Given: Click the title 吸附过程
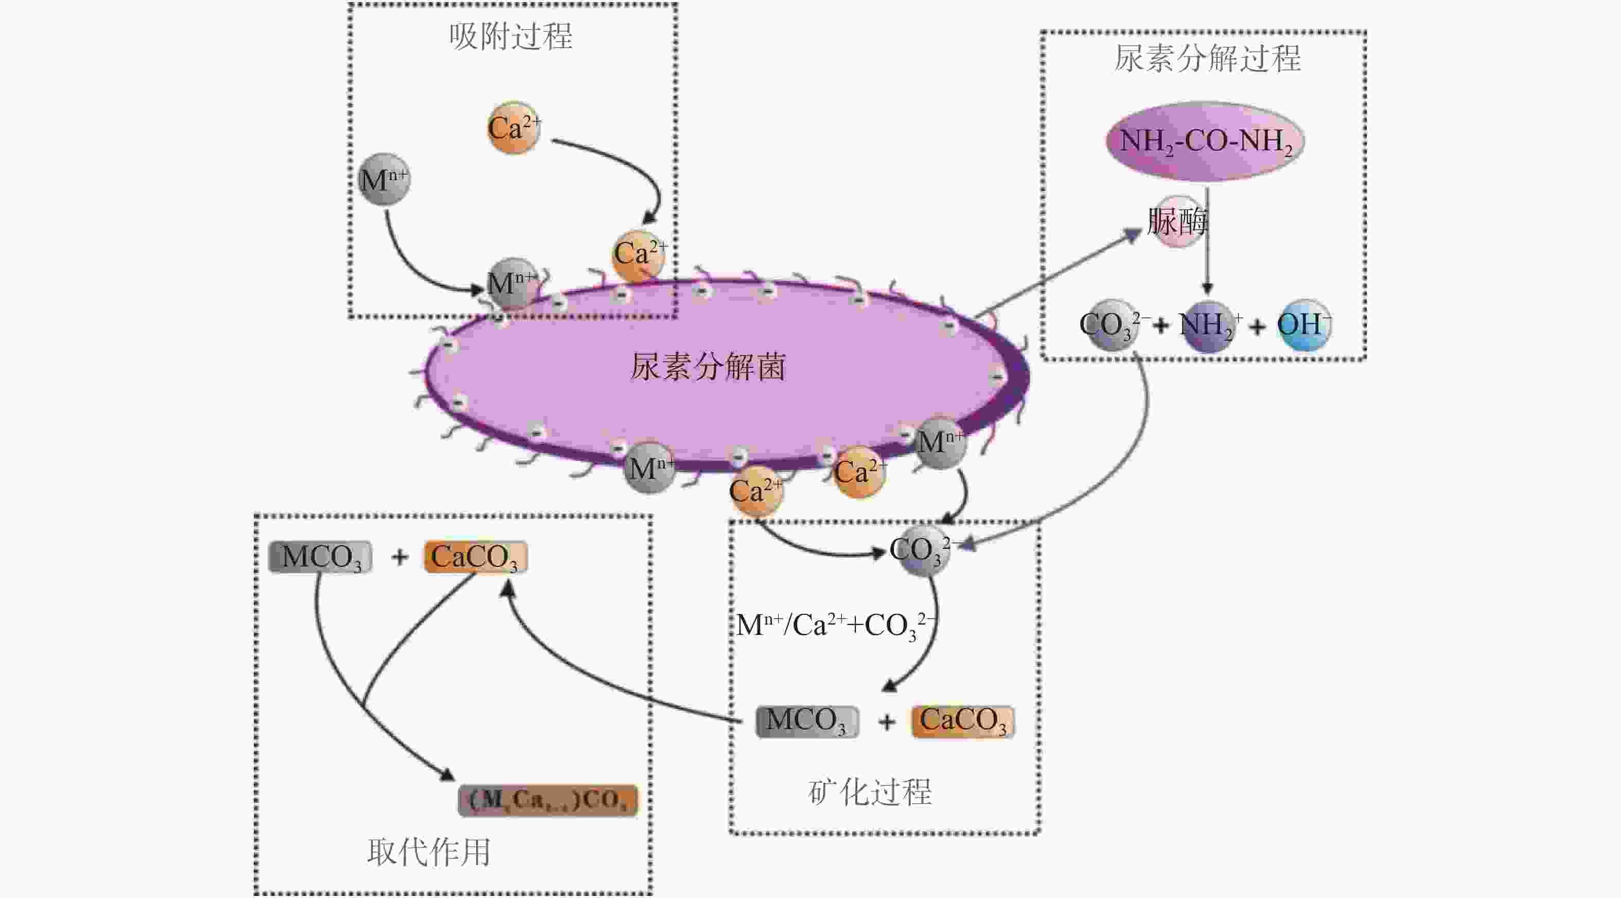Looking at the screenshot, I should coord(510,36).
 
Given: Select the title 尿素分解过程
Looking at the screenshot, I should coord(1207,58).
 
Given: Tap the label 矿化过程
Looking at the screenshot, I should coord(870,791).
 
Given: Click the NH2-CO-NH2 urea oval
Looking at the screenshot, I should coord(1204,141).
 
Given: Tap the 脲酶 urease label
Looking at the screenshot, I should coord(1177,221).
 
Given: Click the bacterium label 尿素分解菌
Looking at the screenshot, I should coord(708,367).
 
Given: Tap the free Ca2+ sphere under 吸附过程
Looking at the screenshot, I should coord(513,128).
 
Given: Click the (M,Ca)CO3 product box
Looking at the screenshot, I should coord(548,800).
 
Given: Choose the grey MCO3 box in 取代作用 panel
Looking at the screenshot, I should coord(320,557).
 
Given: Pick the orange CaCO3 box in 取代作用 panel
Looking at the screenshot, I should coord(475,557).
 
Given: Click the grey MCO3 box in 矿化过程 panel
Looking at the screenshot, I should coord(807,721).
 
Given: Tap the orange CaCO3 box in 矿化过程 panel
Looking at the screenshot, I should coord(963,721).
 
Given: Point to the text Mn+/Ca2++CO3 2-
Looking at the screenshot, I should coord(836,625).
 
